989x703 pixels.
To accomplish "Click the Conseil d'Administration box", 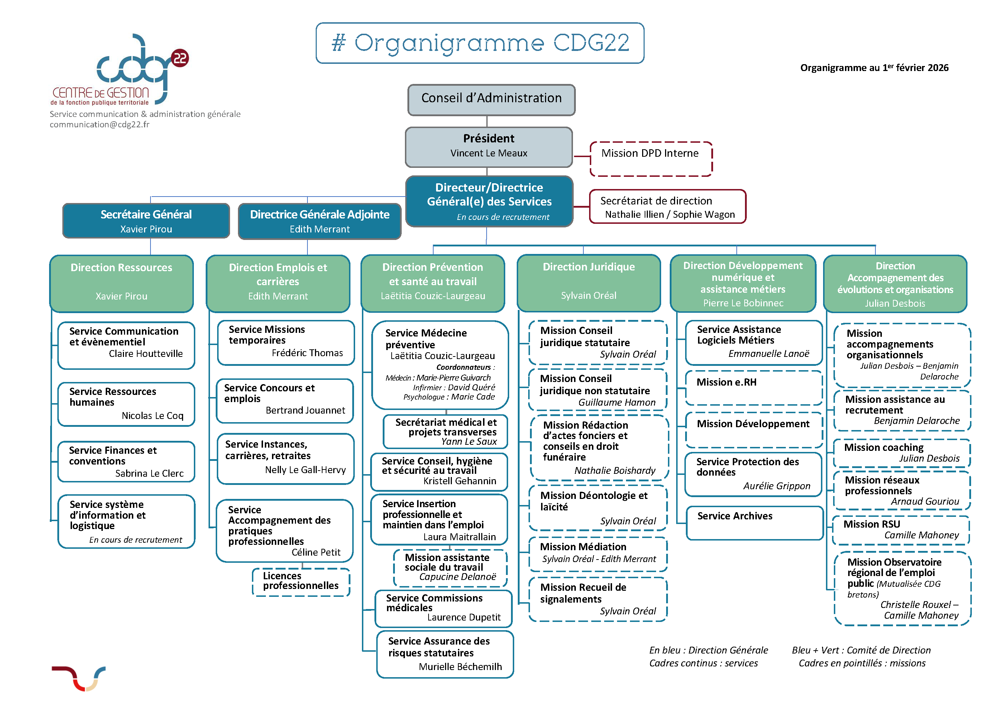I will (491, 99).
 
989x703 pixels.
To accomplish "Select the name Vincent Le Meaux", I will (489, 153).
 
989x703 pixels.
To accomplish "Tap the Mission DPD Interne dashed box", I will (650, 158).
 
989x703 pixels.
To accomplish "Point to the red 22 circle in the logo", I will (180, 58).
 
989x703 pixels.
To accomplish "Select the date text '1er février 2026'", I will (915, 67).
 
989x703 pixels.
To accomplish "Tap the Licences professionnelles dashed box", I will (301, 581).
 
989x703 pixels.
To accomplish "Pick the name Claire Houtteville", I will (146, 354).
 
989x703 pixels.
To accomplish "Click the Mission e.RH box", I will (753, 387).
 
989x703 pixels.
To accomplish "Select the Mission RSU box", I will (900, 529).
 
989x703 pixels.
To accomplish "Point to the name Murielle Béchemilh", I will (460, 667).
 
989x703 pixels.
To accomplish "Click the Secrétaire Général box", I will (146, 221).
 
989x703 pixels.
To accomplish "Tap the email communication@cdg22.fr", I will (100, 125).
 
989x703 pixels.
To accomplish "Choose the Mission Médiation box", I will (598, 553).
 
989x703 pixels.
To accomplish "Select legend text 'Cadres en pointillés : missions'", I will (861, 663).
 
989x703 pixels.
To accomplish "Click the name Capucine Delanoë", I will (458, 577).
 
